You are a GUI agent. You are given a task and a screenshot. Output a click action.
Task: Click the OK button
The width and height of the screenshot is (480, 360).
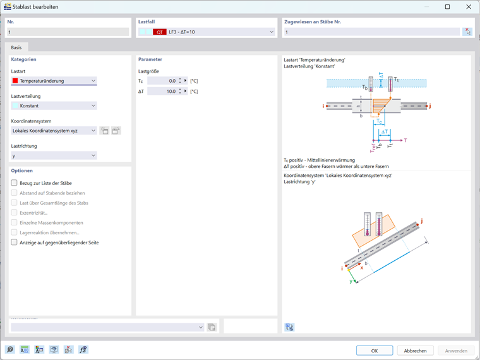click(374, 351)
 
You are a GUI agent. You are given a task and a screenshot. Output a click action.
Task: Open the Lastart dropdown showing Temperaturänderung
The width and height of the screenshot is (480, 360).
click(54, 81)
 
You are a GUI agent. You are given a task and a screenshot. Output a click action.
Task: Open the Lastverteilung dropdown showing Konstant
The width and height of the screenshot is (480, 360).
click(54, 105)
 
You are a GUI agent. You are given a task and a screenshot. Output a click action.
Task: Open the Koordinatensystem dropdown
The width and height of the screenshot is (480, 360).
click(54, 131)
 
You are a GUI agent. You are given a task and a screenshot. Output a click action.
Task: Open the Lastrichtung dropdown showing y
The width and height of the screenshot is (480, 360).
click(54, 155)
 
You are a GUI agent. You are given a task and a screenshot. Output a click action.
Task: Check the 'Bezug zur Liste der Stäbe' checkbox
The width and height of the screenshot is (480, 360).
click(15, 183)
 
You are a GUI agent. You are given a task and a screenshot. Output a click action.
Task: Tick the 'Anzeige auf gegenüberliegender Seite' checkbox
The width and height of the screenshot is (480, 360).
click(15, 243)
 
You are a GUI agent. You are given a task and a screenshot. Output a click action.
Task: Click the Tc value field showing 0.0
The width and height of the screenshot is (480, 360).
click(163, 81)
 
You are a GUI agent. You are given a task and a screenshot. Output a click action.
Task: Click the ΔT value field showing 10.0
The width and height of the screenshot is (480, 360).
click(163, 92)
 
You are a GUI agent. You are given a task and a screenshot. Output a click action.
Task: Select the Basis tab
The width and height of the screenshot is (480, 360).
click(16, 47)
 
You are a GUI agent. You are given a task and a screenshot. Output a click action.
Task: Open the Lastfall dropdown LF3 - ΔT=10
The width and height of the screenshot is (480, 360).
click(207, 32)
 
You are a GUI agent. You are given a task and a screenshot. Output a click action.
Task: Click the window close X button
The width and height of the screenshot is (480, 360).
click(469, 7)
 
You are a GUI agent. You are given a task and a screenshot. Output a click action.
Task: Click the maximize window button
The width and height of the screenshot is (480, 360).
click(447, 7)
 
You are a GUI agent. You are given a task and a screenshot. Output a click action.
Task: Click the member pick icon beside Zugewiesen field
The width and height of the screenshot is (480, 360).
click(467, 32)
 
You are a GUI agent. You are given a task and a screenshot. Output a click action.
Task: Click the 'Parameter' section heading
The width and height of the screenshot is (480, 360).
click(150, 59)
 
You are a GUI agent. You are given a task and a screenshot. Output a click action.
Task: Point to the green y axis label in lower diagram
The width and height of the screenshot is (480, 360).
click(351, 281)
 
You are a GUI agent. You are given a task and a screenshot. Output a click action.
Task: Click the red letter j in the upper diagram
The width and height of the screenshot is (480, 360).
click(429, 106)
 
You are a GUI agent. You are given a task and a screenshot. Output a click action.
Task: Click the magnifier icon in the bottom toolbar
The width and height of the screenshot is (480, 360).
click(10, 350)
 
